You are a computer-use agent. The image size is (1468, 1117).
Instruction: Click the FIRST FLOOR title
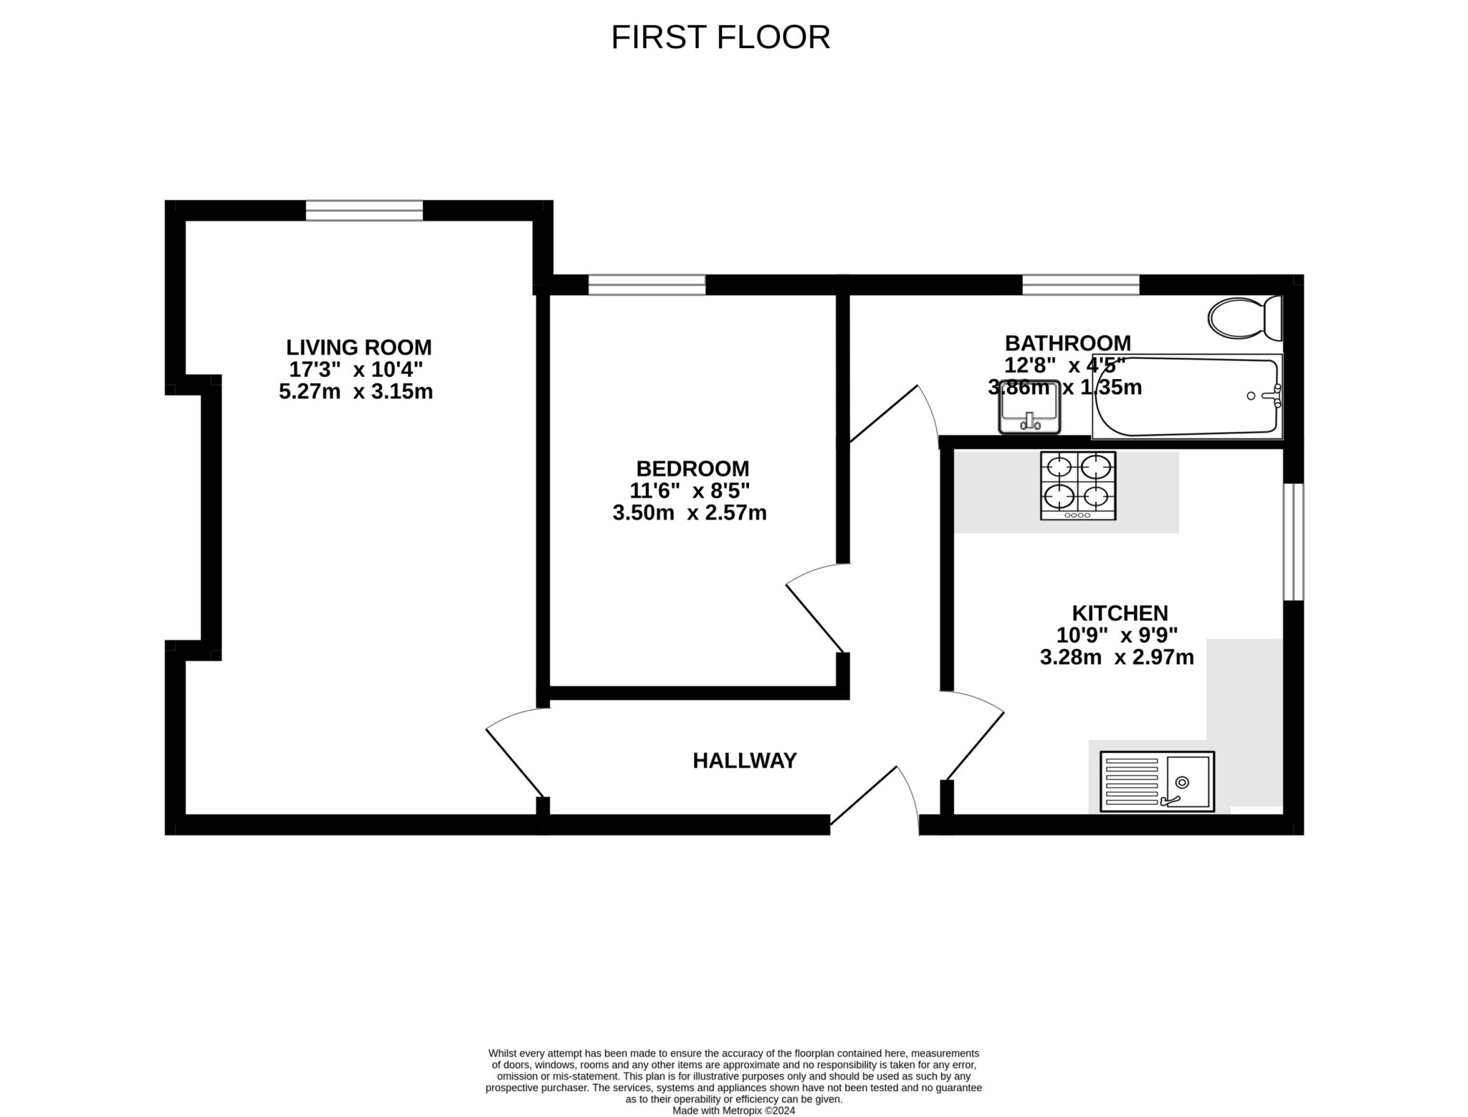tap(720, 37)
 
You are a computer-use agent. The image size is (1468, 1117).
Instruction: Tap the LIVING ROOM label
tap(359, 347)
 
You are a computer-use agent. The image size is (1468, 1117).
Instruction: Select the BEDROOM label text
tap(692, 469)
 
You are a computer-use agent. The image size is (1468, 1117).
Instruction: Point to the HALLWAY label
tap(745, 760)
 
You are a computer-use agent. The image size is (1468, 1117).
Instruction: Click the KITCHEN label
tap(1120, 613)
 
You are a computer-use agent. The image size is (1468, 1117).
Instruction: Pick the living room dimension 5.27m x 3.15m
tap(356, 392)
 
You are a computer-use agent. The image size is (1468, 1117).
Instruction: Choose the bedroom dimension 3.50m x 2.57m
tap(690, 513)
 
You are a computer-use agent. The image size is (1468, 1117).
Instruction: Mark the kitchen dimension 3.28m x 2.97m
tap(1117, 657)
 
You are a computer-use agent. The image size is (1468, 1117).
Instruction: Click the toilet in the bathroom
tap(1245, 317)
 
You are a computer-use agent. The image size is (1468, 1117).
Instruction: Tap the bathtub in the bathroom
tap(1187, 396)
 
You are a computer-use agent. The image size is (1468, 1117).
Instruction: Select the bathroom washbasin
tap(1029, 407)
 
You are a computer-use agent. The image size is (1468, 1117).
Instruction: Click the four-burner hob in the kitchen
tap(1078, 486)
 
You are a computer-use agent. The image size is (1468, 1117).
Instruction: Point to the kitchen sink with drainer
tap(1157, 782)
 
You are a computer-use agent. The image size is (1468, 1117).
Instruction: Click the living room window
tap(364, 211)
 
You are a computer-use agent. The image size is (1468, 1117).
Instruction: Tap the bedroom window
tap(647, 285)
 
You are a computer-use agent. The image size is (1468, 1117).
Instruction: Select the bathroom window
tap(1081, 285)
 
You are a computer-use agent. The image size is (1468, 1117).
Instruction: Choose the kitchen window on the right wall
tap(1293, 542)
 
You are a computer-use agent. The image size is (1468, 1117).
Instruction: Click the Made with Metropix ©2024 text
tap(733, 1111)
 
